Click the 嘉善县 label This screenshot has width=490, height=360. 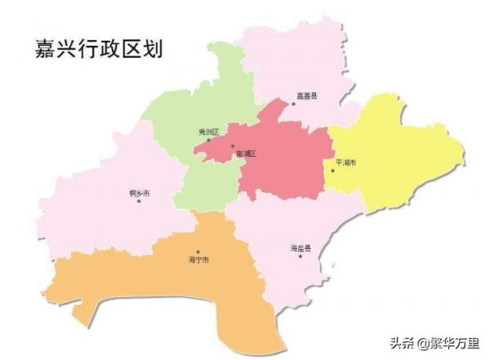[x=308, y=96]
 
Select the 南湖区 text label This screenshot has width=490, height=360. [x=245, y=153]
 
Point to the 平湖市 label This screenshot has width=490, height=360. [x=345, y=163]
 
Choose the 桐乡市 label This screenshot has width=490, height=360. [x=140, y=193]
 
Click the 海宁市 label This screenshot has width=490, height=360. [x=198, y=260]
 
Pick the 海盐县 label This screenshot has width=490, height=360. [x=301, y=247]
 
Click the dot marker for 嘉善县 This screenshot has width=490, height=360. [x=293, y=103]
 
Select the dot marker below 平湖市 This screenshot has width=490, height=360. [x=332, y=171]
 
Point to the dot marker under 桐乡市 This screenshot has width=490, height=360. [x=139, y=201]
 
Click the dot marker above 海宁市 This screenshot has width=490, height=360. [x=197, y=252]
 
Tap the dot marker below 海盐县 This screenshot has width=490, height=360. [x=301, y=256]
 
